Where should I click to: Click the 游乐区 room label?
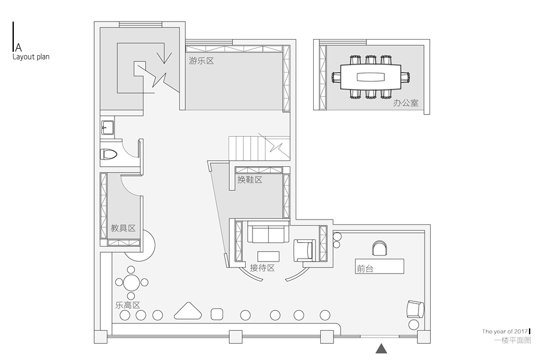click(x=202, y=61)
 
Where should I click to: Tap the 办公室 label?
click(x=406, y=103)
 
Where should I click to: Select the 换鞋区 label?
click(x=250, y=180)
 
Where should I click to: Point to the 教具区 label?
click(x=123, y=228)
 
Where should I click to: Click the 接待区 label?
click(x=262, y=268)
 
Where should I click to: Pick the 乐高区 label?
click(x=128, y=305)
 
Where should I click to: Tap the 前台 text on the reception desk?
click(x=365, y=269)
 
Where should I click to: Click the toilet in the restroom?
click(x=109, y=154)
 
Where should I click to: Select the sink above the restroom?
click(x=107, y=128)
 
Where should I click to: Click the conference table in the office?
click(x=371, y=77)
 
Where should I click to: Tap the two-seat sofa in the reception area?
click(x=268, y=232)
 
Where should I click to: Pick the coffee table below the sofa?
click(x=268, y=256)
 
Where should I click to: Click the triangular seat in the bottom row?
click(x=188, y=311)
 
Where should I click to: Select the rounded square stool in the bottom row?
click(x=217, y=314)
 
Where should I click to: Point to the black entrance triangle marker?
click(x=381, y=349)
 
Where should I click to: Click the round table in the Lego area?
click(x=131, y=283)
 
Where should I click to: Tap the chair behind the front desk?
click(x=380, y=248)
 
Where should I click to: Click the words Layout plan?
click(x=31, y=57)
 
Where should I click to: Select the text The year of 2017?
click(x=505, y=331)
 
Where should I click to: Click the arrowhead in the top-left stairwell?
click(x=164, y=58)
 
